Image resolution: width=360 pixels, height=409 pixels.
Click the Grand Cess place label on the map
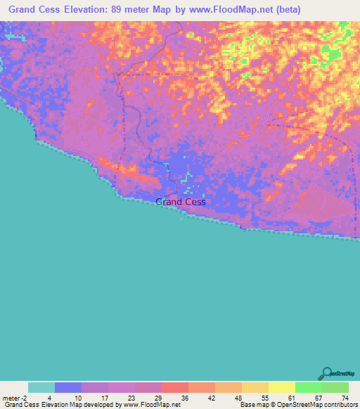tap(180, 202)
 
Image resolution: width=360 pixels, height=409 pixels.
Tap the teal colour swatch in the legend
tap(41, 387)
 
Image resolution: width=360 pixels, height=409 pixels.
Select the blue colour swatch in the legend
tap(68, 387)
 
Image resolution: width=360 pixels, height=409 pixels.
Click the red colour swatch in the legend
tap(175, 387)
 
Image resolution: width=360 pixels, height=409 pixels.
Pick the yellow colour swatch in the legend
tap(282, 387)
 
